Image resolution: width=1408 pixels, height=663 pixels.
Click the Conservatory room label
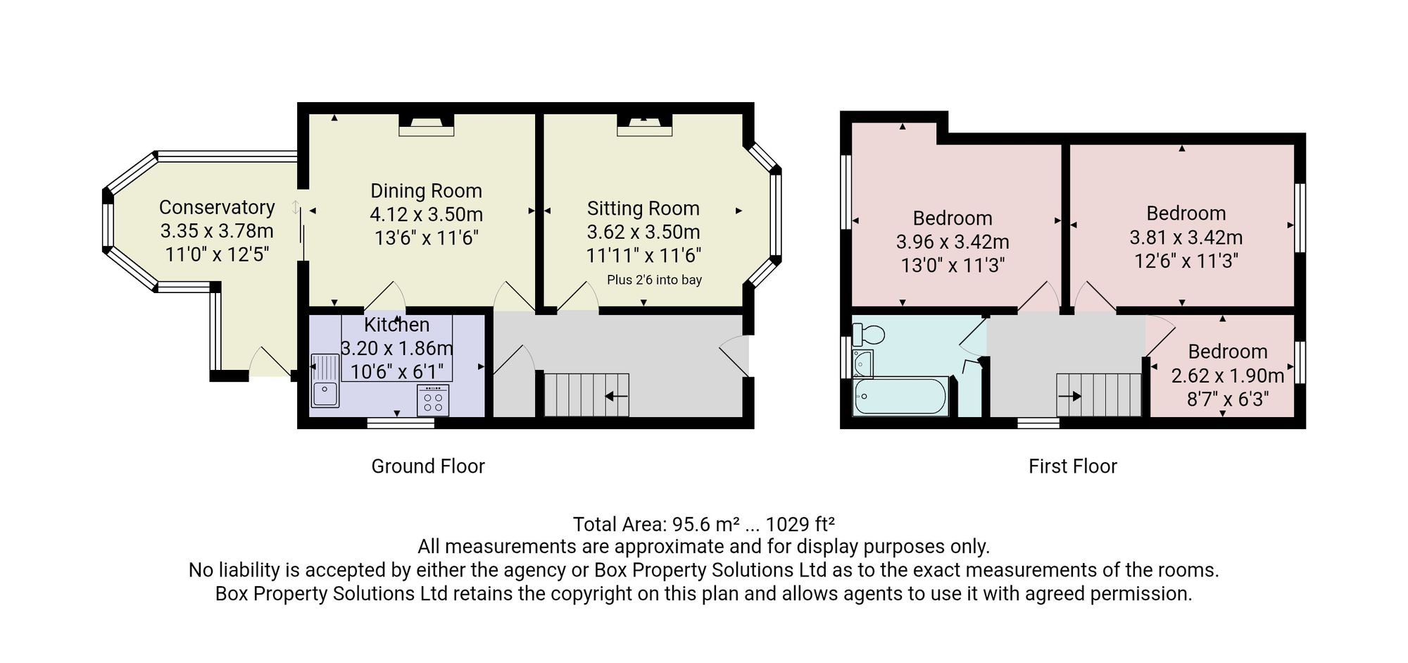pos(217,207)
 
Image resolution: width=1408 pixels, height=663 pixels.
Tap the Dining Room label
pos(427,191)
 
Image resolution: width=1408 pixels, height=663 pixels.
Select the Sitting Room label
pos(643,209)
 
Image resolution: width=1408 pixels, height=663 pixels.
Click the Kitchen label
pos(397,325)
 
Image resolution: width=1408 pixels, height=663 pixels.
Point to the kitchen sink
pos(325,380)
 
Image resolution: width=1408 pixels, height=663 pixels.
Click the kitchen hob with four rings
pos(433,400)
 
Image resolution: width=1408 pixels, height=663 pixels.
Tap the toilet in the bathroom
pos(868,333)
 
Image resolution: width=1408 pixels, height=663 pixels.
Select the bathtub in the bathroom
pos(900,397)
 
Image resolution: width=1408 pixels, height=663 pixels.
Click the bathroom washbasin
pos(862,364)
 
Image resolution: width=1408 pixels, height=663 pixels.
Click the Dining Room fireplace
pos(427,125)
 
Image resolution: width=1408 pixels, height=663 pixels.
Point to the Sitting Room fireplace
pos(645,125)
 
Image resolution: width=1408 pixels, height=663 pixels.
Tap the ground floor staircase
pos(586,395)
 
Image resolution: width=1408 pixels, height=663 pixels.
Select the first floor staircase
pos(1098,395)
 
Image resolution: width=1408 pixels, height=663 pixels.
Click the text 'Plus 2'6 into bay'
pos(655,280)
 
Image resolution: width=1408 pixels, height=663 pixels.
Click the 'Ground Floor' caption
pos(428,466)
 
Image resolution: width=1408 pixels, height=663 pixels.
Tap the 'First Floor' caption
pos(1073,466)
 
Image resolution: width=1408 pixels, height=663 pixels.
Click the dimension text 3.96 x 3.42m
pos(953,242)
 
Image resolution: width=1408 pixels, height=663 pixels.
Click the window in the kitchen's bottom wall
pos(401,423)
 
